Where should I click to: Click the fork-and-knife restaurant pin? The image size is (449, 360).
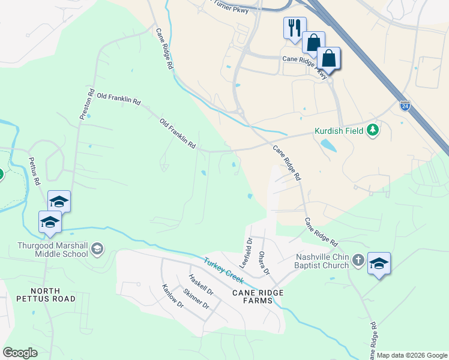pos(294,28)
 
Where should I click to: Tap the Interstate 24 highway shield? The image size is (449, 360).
pos(405,106)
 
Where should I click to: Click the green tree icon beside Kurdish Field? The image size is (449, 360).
pos(373,130)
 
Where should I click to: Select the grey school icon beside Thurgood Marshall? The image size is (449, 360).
pos(98,249)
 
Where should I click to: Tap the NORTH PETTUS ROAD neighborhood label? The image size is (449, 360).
pos(46,293)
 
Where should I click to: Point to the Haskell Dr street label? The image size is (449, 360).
pos(200,284)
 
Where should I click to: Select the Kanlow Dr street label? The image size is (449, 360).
pos(172,296)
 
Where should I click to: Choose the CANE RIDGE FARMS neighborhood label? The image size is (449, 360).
pos(258,297)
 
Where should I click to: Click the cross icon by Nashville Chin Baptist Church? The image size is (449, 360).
pos(358,260)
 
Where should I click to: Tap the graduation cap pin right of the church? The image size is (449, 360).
pos(379,264)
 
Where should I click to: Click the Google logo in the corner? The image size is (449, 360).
pos(20,352)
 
